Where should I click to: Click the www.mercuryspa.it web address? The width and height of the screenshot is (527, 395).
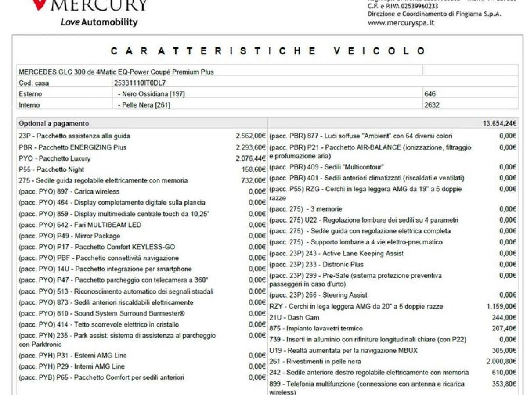[x=401, y=22]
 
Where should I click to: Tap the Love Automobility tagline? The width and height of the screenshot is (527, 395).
[x=99, y=22]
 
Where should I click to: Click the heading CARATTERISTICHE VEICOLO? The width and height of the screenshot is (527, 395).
[x=268, y=51]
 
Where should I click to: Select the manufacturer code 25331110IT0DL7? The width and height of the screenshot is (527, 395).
[x=140, y=83]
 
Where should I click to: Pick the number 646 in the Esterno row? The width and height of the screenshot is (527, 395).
[x=430, y=94]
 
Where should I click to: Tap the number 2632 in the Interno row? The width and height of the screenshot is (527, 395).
[x=432, y=105]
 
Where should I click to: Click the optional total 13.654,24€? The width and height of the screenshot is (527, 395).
[x=499, y=124]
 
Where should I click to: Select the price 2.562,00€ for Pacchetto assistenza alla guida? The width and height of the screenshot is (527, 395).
[x=251, y=136]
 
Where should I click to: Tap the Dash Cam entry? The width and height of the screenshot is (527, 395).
[x=294, y=317]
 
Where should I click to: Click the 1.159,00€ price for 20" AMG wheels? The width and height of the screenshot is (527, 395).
[x=502, y=306]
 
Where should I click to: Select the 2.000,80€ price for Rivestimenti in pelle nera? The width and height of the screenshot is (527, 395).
[x=502, y=362]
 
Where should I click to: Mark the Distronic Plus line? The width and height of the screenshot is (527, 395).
[x=316, y=264]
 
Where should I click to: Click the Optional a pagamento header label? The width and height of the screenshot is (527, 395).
[x=54, y=124]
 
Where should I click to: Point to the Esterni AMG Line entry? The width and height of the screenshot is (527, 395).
[x=72, y=355]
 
